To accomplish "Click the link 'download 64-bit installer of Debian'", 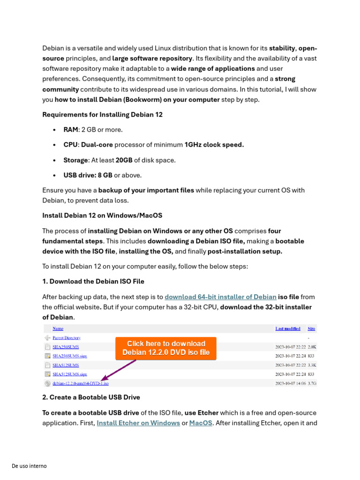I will pos(220,297).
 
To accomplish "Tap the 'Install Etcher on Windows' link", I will pos(138,423).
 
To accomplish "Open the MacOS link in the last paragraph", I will pos(200,423).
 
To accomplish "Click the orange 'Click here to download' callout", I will pos(166,348).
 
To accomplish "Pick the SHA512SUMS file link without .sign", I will pos(66,365).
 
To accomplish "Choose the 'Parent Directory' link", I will pos(66,337).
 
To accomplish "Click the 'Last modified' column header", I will pos(288,329).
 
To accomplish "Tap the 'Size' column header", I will pos(311,329).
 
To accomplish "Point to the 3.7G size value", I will pos(312,383).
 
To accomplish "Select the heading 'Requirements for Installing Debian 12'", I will pos(102,114).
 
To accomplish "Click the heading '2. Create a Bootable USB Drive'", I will pos(91,397).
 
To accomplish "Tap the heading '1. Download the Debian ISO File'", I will pos(93,281).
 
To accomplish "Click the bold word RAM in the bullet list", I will pos(70,129).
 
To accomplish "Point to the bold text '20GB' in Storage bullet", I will pos(124,160).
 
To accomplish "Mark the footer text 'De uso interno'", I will pos(29,466).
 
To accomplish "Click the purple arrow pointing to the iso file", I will pos(118,370).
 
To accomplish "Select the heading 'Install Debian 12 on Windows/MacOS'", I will pos(102,215).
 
